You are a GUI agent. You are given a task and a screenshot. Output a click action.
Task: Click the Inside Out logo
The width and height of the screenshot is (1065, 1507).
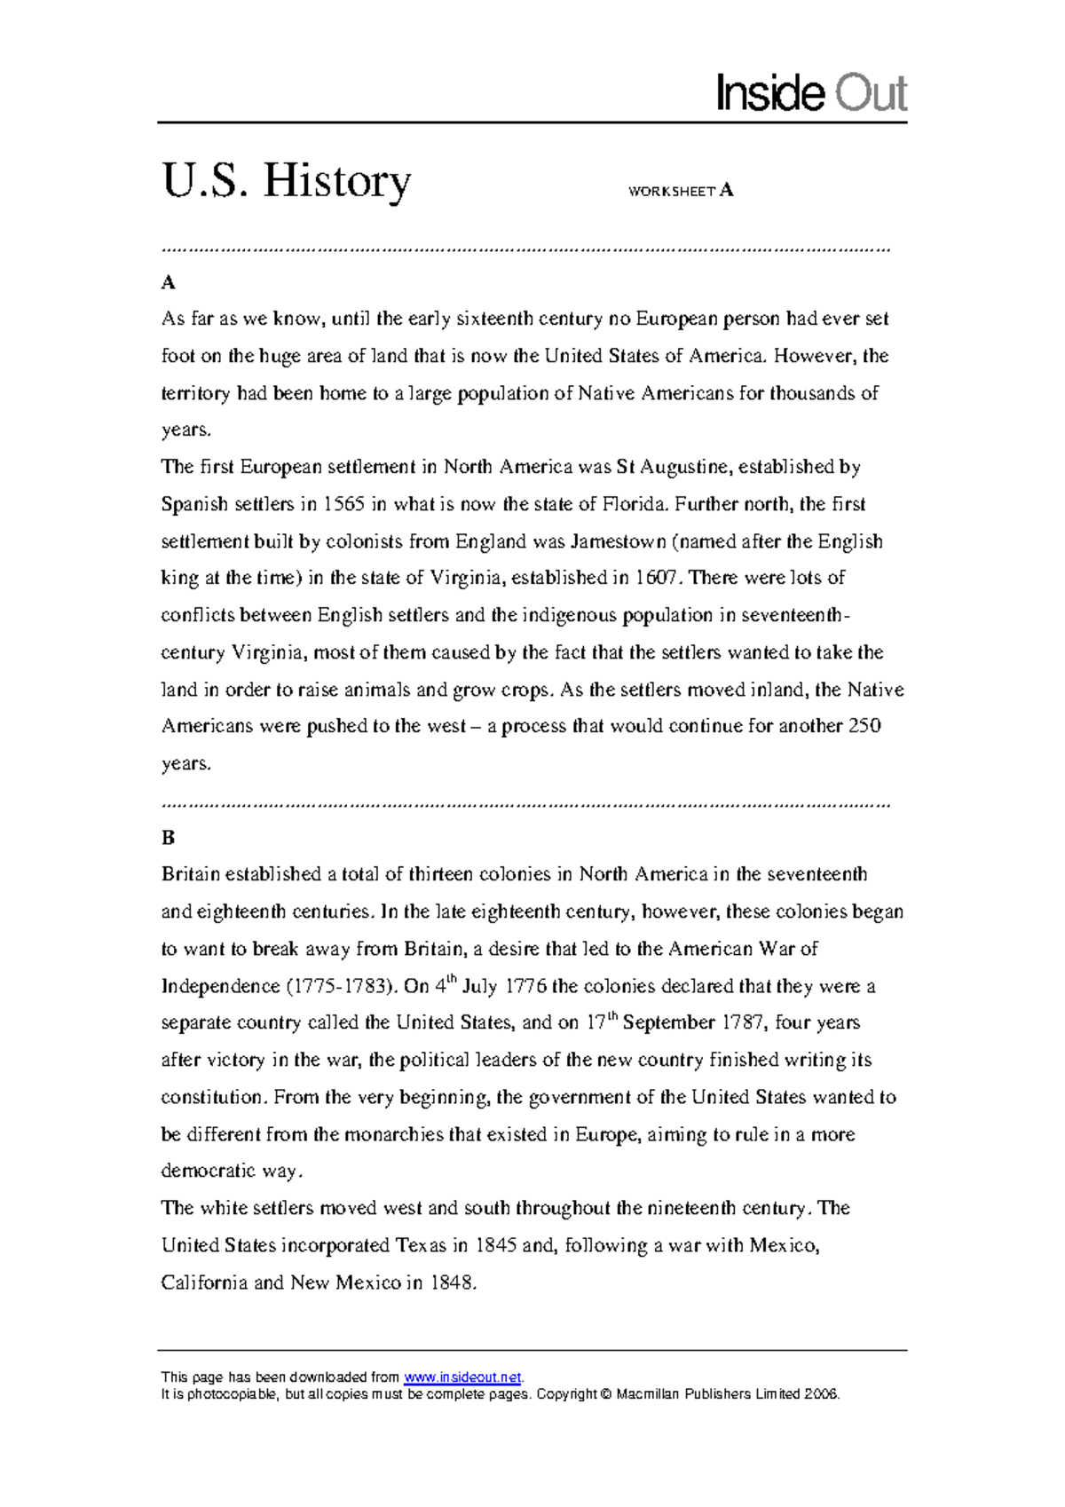[811, 94]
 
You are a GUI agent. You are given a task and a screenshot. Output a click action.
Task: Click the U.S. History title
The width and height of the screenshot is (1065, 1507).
[286, 181]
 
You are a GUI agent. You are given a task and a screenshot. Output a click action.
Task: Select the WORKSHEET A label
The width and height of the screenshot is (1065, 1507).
[680, 191]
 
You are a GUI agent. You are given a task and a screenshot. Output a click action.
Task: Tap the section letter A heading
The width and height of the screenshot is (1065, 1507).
[168, 283]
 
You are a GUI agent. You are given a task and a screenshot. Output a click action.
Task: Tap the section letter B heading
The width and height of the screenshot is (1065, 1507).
[168, 838]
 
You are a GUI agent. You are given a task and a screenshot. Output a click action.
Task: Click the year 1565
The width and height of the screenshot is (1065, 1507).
[343, 504]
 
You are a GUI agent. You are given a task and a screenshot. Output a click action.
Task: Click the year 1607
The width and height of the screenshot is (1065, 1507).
[657, 578]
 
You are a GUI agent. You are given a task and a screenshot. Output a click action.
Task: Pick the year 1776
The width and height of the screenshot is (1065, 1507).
[526, 986]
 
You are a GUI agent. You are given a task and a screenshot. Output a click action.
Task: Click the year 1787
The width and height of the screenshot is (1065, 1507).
[742, 1022]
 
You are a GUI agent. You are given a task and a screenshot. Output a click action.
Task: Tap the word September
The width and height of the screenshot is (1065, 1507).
[668, 1022]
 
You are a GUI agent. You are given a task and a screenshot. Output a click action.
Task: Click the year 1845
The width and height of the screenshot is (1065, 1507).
[496, 1245]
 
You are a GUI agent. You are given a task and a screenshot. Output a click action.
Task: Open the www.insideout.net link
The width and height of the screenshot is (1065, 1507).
[462, 1377]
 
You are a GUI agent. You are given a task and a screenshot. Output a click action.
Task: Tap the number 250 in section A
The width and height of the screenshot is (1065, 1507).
[864, 726]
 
